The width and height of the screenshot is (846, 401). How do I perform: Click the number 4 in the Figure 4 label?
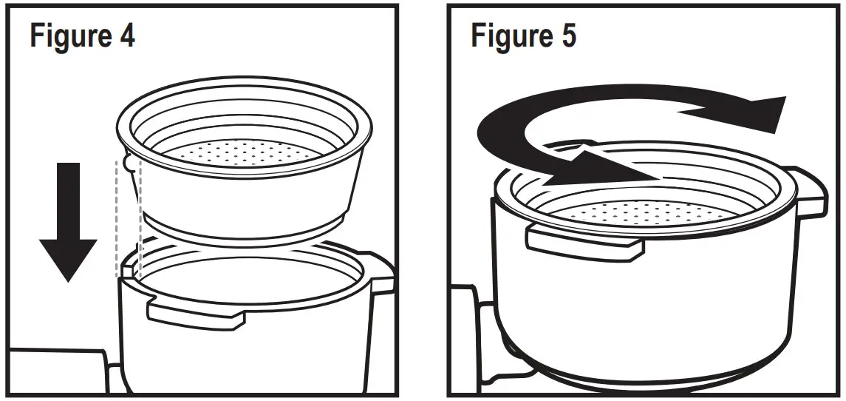coord(126,35)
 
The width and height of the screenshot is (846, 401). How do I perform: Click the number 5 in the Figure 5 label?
coord(567,35)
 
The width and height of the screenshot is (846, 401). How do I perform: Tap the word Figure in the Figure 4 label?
coord(70,35)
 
